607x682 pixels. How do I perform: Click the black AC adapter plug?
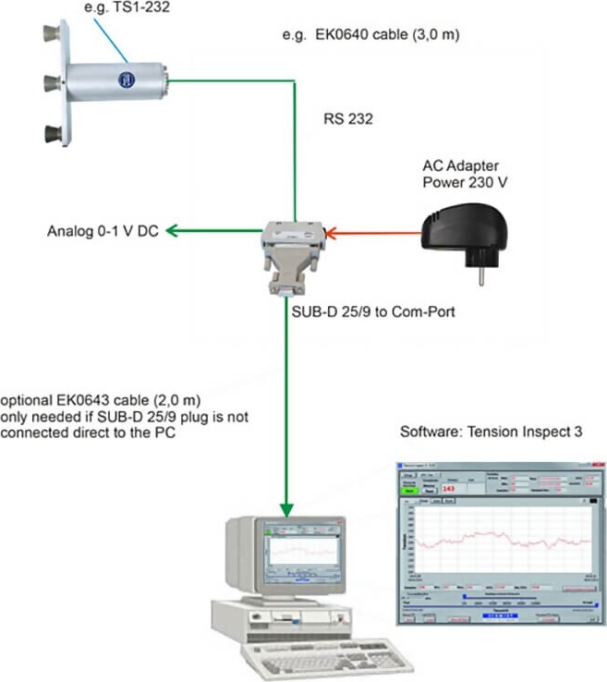coord(463,232)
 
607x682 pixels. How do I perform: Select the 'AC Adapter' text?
coord(461,165)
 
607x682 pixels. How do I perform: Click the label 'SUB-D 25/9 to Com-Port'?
coord(368,311)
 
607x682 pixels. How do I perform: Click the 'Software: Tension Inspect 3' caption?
coord(490,432)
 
